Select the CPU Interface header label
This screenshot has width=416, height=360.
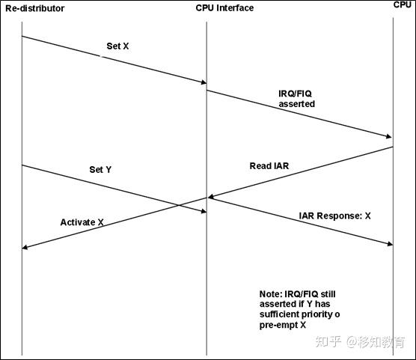tap(219, 8)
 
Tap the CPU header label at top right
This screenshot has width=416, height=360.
tap(403, 5)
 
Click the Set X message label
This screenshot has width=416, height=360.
tap(118, 46)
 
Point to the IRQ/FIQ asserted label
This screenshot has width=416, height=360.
tap(296, 99)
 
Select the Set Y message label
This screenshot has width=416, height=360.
tap(100, 170)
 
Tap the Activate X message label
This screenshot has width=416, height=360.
tap(82, 223)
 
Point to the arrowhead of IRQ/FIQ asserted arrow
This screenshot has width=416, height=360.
tap(388, 136)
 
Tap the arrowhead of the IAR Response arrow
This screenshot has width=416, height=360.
tap(388, 243)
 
